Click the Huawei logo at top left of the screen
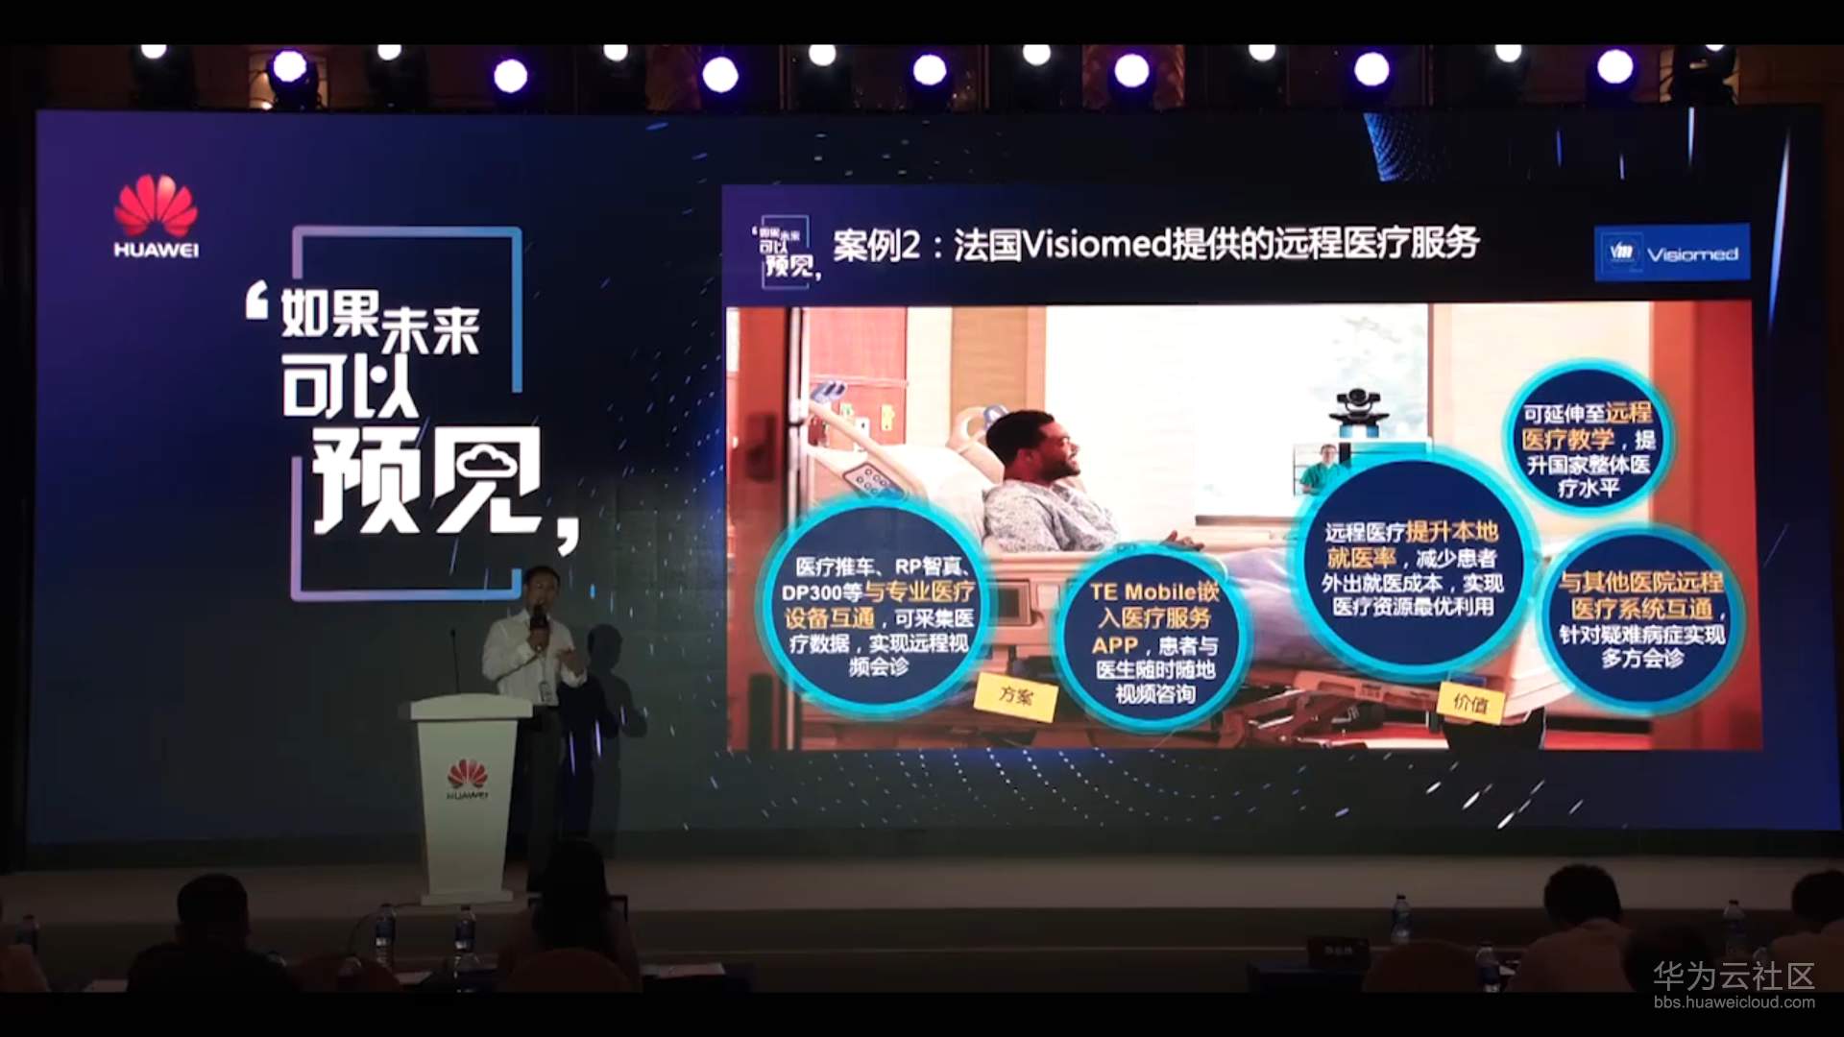[156, 215]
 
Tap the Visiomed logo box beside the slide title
[1671, 253]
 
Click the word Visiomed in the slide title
[1096, 246]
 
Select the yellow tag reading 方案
[1015, 694]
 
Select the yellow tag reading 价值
[1469, 703]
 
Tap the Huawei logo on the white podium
[467, 779]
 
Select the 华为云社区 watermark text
[1733, 976]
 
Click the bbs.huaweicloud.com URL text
[1734, 1002]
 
